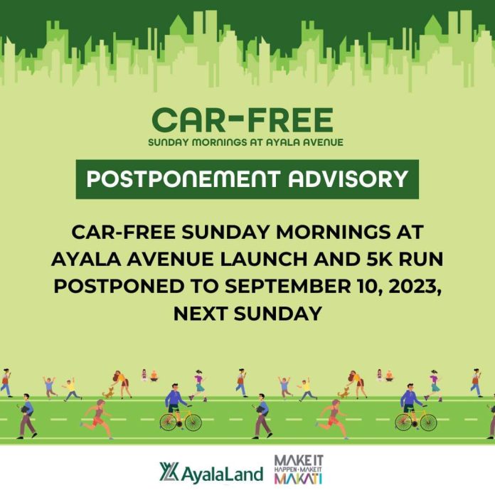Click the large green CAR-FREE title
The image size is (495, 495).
[x=242, y=119]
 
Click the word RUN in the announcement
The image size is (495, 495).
[x=421, y=259]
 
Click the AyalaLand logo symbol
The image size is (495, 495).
[x=169, y=471]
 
